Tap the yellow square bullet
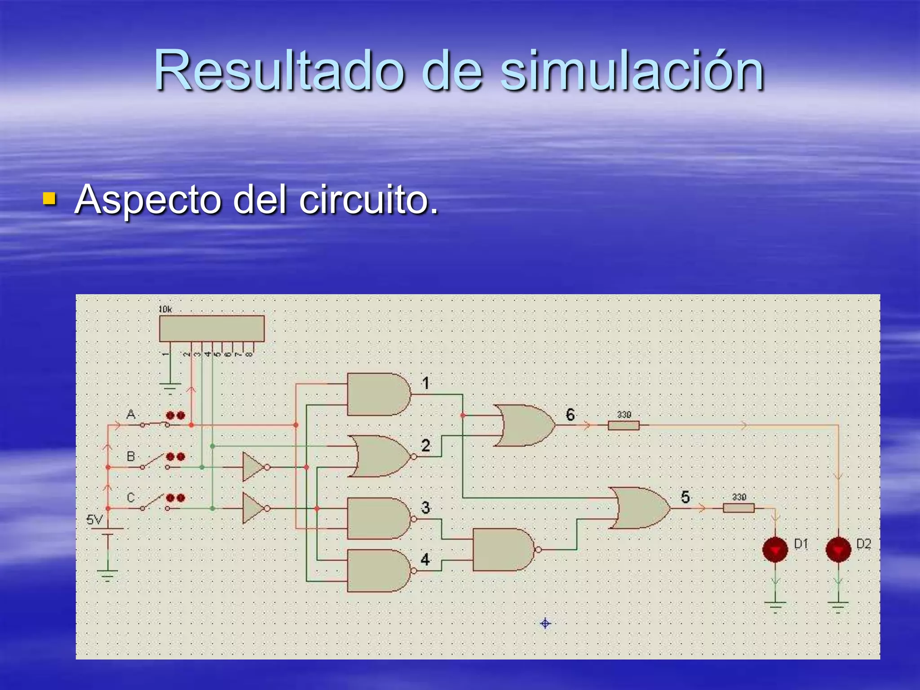(49, 199)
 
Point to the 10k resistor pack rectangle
(212, 328)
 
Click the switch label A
(131, 414)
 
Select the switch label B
(131, 456)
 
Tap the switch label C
(131, 498)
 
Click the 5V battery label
(94, 520)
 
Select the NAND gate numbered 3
(378, 518)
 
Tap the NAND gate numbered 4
(378, 571)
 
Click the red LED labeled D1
(775, 549)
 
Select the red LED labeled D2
(838, 549)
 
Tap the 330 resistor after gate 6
(624, 425)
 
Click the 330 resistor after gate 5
(739, 508)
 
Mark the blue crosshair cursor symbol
(545, 624)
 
